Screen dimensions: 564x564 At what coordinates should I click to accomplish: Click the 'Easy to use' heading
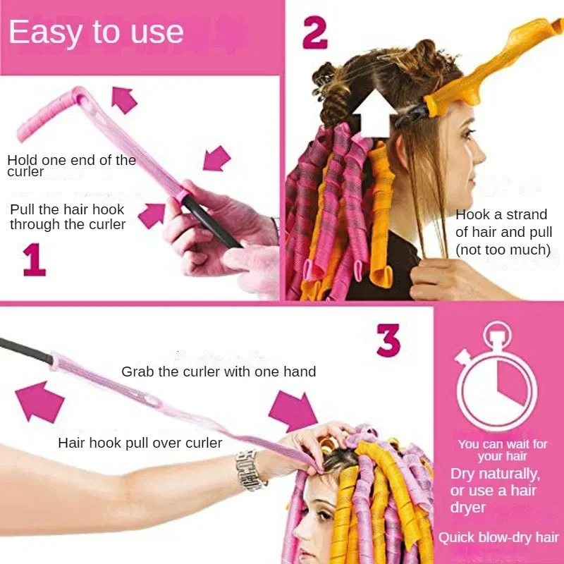(x=97, y=32)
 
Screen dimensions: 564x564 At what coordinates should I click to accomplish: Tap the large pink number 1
(x=34, y=259)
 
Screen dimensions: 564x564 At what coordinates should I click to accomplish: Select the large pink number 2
(x=315, y=33)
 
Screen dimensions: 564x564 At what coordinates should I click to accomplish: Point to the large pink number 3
(x=388, y=341)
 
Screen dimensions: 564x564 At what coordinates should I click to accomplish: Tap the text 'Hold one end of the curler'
(x=71, y=166)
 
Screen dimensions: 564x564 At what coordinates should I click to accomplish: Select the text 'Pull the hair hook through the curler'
(x=68, y=217)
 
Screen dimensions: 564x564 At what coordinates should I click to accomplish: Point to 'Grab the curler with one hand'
(x=219, y=371)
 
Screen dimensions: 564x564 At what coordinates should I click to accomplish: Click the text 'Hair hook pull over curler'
(x=140, y=443)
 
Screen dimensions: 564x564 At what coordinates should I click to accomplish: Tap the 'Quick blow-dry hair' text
(x=498, y=537)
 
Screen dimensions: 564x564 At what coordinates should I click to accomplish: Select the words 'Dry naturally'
(x=495, y=473)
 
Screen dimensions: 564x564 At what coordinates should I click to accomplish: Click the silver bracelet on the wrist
(x=251, y=470)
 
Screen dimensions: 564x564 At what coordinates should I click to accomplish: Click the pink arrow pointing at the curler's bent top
(x=124, y=100)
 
